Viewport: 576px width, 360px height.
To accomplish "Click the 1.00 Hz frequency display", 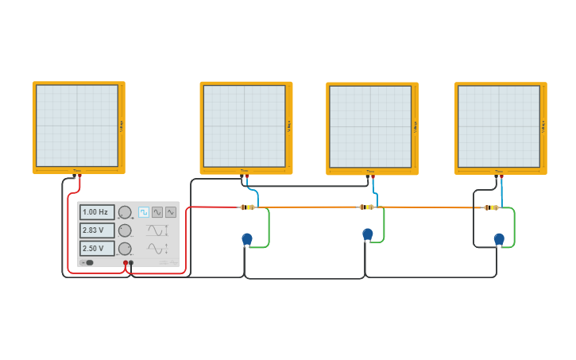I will tap(96, 212).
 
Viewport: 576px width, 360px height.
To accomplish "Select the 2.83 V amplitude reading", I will tap(96, 230).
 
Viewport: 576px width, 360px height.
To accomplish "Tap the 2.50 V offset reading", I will tap(96, 249).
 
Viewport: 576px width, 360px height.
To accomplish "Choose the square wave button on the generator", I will tap(144, 212).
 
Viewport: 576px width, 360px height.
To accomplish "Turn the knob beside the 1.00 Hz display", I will tap(125, 212).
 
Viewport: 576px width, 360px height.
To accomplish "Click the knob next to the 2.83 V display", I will tap(125, 230).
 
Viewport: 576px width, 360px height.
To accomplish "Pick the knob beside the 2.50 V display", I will tap(125, 249).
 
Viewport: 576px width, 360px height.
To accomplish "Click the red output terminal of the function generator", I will tap(126, 262).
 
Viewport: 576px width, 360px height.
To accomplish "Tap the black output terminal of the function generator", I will tap(131, 262).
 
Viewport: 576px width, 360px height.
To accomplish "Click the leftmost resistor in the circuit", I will tap(247, 207).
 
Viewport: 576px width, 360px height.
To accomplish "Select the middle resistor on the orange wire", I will tap(366, 207).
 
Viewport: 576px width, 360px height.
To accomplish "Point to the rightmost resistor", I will tap(492, 207).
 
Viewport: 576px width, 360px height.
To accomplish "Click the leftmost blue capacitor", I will tap(247, 238).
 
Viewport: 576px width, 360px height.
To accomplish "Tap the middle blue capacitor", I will tap(367, 234).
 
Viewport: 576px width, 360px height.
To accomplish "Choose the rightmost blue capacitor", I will tap(499, 238).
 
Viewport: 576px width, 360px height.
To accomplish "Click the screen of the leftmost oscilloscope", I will tap(77, 126).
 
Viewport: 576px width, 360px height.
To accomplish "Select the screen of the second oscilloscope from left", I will tap(244, 126).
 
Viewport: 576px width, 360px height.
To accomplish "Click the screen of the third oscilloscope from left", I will tap(370, 126).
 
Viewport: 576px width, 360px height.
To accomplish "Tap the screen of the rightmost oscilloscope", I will tap(499, 126).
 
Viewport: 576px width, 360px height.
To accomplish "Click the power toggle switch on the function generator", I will tap(87, 262).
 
